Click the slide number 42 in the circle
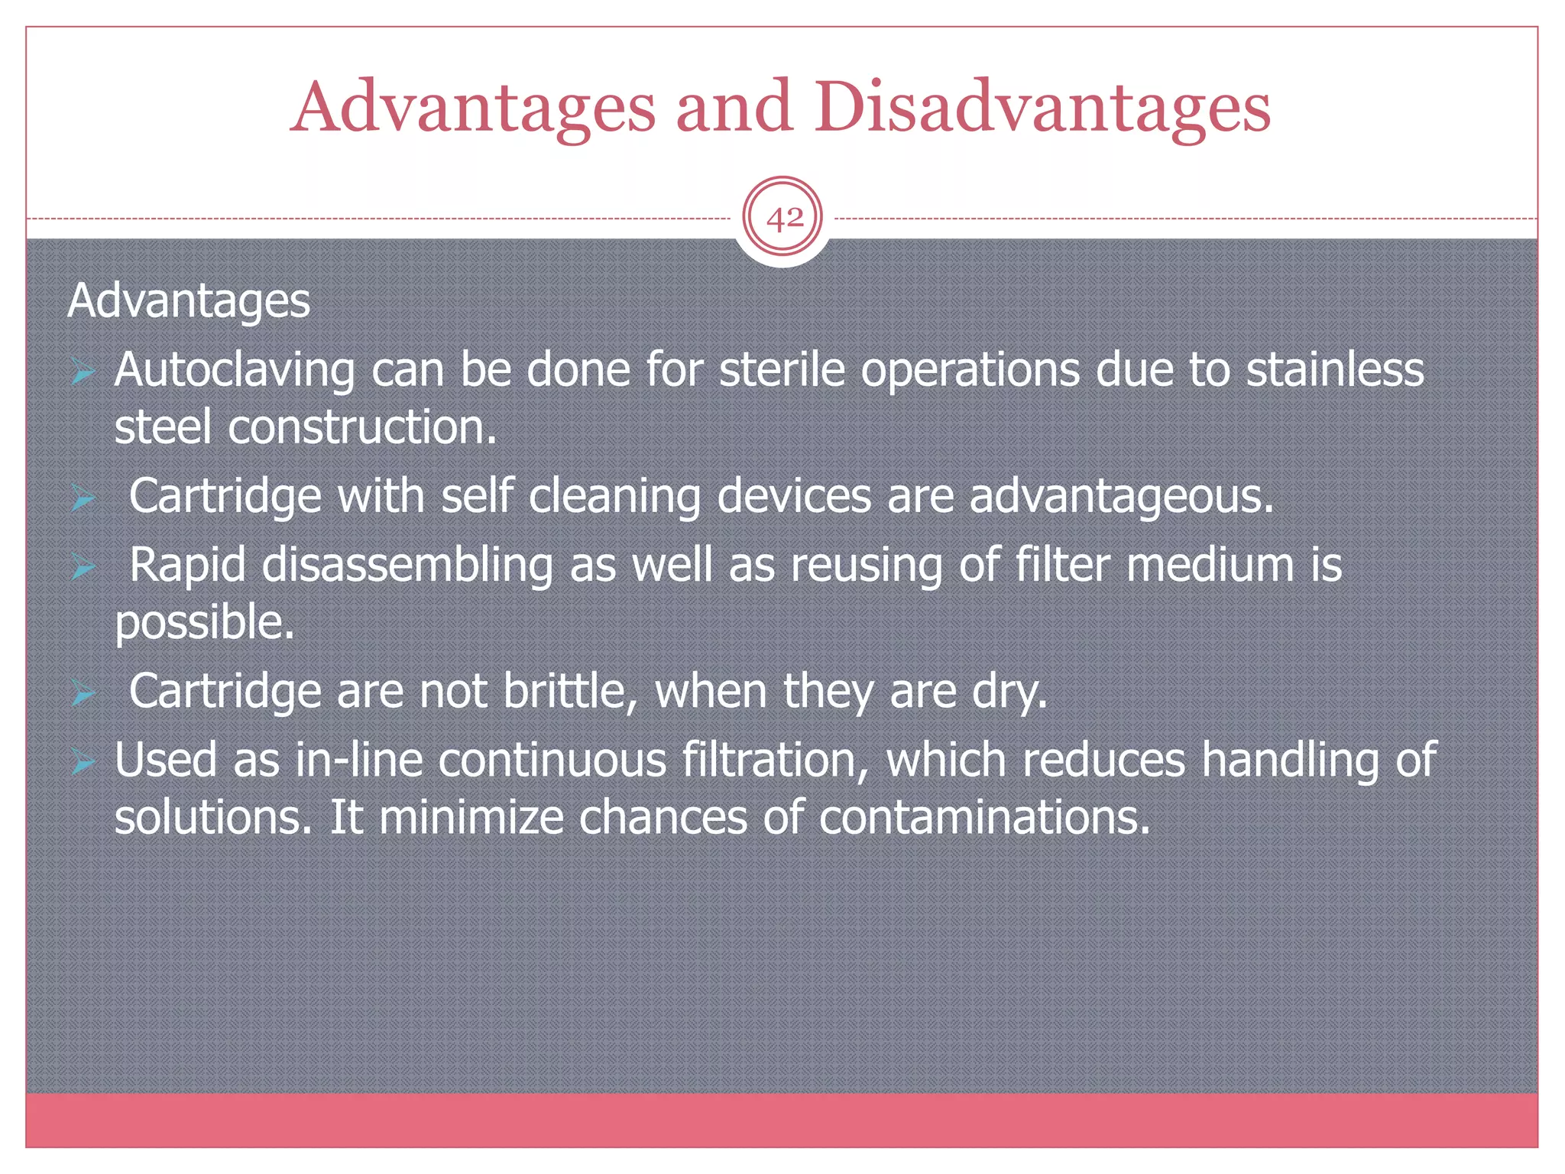784,219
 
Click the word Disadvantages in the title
1042,107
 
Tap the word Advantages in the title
473,107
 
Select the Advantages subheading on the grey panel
189,300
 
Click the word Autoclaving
235,371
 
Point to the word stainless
1335,370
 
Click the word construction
361,427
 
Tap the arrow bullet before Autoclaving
83,372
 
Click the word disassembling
407,566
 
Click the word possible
204,623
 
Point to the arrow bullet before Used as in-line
83,762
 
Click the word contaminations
984,818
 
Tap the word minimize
471,818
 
